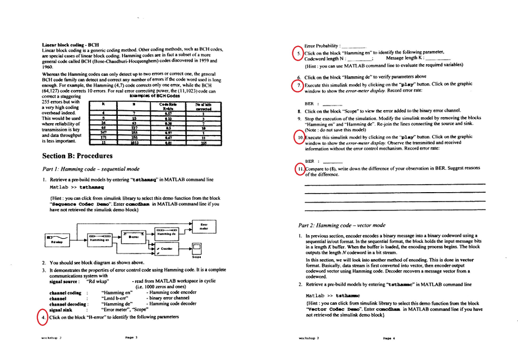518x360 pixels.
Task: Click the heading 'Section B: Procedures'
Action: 77,156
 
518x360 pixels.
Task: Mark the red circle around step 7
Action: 299,85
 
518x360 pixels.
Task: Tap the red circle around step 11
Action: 300,169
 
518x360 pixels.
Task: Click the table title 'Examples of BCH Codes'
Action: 154,96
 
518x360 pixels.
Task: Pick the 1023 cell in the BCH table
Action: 134,143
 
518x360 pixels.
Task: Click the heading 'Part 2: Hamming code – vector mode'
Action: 341,225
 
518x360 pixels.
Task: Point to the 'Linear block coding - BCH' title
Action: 70,44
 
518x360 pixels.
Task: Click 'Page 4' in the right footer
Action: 388,338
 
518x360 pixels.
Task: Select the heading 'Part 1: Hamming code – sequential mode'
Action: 91,169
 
